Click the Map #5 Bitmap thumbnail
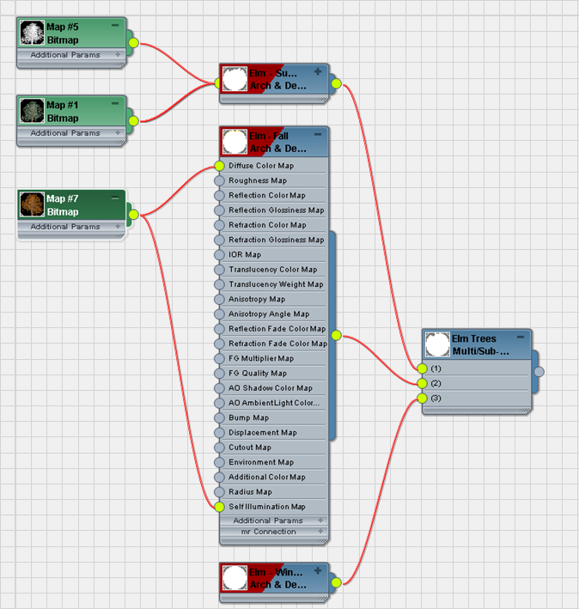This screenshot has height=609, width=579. point(33,33)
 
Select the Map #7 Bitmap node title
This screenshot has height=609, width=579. point(62,205)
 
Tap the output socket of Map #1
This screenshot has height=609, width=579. point(133,121)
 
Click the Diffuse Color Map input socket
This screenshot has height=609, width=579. point(219,166)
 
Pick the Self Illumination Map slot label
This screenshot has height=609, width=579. point(266,507)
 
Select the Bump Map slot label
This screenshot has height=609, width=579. point(248,417)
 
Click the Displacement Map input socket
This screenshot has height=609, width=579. point(219,433)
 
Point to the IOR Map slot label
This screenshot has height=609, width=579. point(245,254)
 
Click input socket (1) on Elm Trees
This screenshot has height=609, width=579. point(422,368)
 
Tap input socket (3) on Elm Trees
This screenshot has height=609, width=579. point(422,398)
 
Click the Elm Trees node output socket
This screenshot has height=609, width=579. point(539,372)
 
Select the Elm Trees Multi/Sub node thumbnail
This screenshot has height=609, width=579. point(438,344)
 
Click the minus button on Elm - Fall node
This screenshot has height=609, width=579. point(318,135)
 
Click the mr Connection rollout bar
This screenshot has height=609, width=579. point(269,532)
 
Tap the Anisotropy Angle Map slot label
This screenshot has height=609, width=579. point(268,314)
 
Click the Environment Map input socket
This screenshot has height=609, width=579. point(219,462)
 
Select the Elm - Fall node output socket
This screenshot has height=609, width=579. point(336,336)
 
